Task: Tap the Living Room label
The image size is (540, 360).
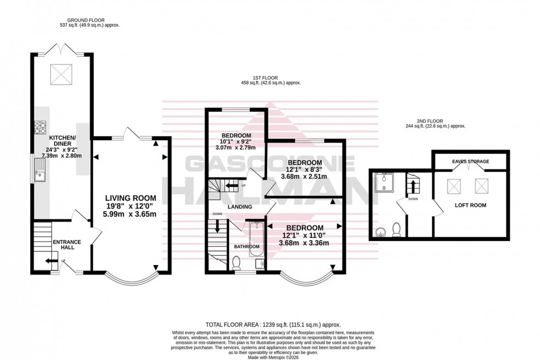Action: point(131,198)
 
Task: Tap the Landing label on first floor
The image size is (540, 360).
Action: point(241,207)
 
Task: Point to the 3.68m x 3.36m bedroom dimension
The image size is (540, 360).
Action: point(304,243)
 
